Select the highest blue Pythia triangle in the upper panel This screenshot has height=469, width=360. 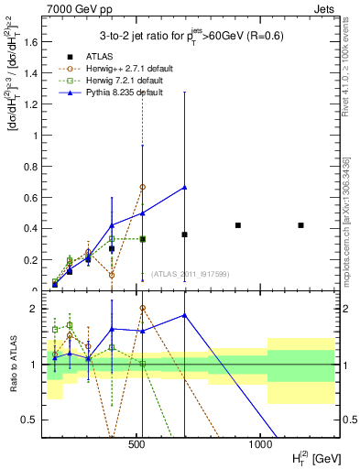[184, 188]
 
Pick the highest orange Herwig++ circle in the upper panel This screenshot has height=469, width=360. [142, 187]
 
